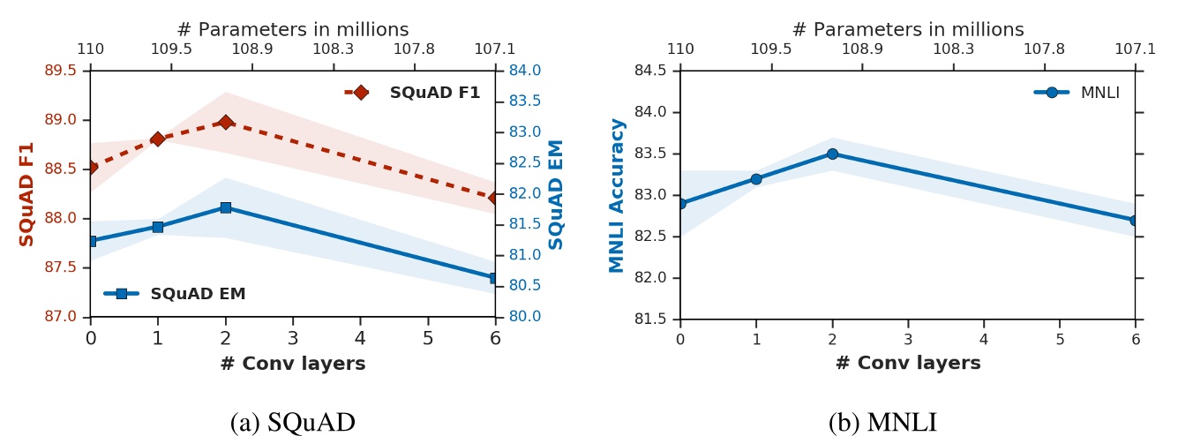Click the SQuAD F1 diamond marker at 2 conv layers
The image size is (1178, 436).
226,123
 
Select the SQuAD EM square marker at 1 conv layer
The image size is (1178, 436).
158,227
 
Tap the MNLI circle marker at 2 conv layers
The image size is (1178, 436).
832,154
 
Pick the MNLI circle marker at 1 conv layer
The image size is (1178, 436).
756,179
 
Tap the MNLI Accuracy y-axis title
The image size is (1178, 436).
617,195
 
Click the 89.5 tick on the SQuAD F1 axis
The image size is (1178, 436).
61,71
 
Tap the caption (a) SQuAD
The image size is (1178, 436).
292,423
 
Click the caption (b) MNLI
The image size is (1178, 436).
882,423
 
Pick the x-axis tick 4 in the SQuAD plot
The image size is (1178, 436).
360,338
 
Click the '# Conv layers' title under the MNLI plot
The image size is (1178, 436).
908,363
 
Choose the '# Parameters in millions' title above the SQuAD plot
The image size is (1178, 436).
292,28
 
